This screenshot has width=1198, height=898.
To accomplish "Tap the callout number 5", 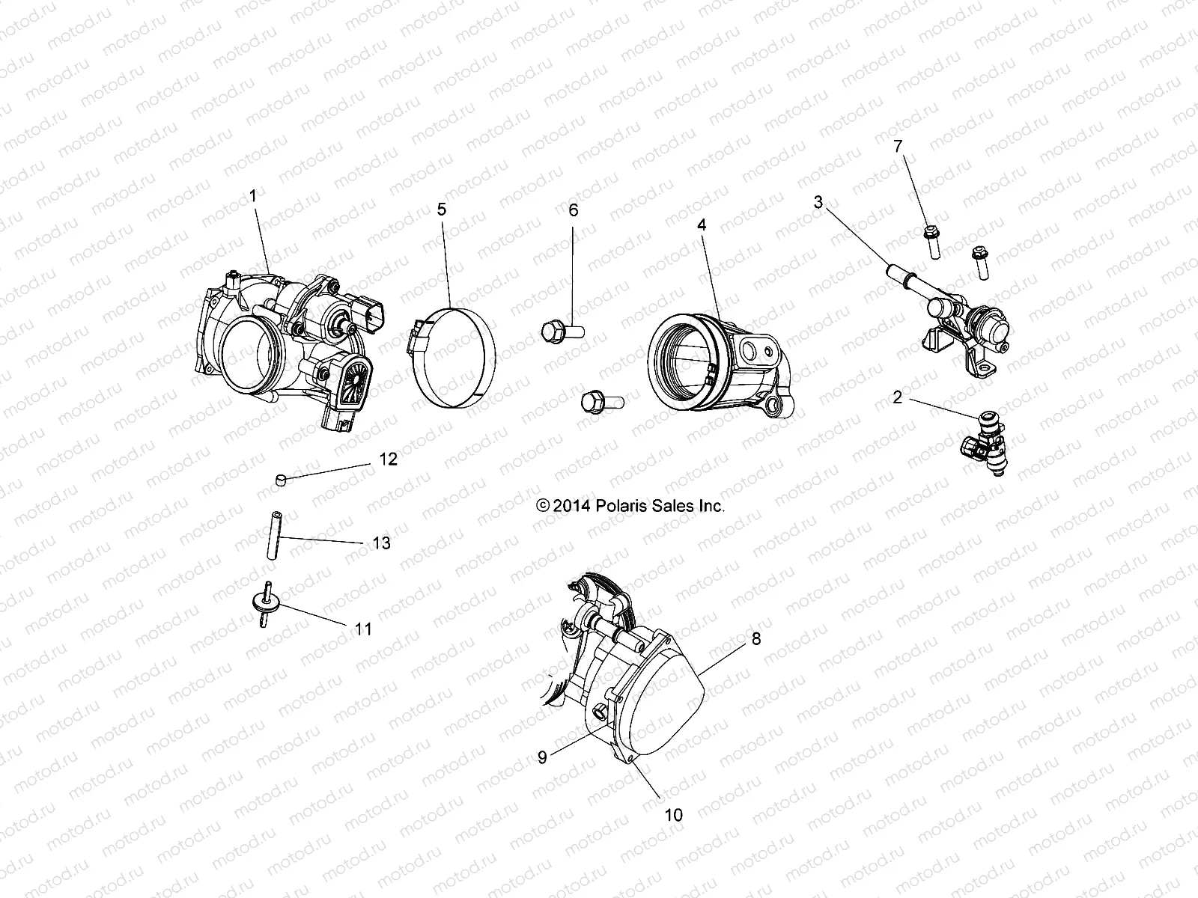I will click(x=442, y=209).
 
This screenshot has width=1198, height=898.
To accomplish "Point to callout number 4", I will click(x=702, y=224).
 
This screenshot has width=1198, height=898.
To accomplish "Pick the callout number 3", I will click(x=818, y=202).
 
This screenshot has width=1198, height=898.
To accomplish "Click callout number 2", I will click(x=898, y=397).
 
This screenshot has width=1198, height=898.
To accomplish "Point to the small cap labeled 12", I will click(x=280, y=478).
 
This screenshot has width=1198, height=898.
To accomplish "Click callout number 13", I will click(x=381, y=543).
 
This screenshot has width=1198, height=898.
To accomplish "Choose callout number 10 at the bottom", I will click(x=674, y=815).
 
